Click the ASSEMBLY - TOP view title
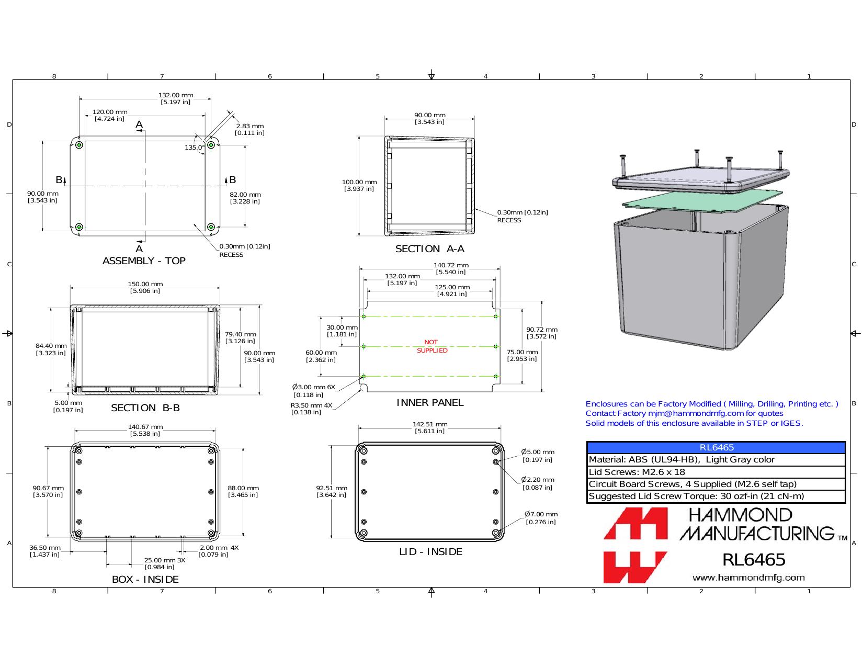point(144,261)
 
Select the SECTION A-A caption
point(430,248)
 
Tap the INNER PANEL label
point(430,402)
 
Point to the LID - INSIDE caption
point(430,551)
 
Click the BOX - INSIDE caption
point(145,579)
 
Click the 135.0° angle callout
point(195,148)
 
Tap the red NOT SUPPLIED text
point(432,346)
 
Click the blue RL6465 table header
point(716,447)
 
